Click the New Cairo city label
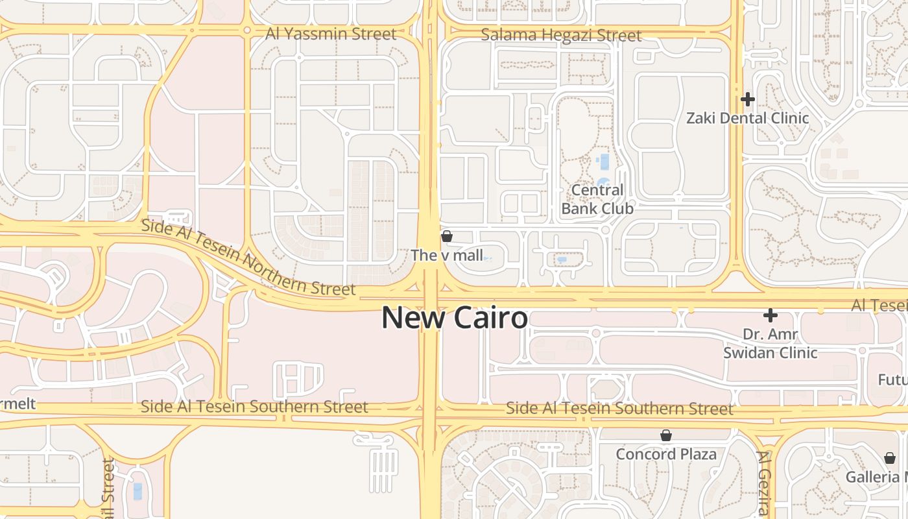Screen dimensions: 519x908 pos(454,318)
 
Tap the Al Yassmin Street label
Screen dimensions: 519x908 pos(331,34)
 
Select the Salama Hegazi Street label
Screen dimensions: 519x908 pos(561,35)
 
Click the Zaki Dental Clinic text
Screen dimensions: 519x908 pos(748,118)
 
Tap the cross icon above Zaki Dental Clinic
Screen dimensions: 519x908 pos(748,99)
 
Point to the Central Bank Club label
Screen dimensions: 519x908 pos(597,199)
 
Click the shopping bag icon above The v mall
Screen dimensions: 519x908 pos(446,236)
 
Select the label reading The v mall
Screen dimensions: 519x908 pos(447,256)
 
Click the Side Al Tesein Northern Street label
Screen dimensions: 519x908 pos(248,258)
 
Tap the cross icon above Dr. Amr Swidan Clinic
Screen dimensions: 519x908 pos(771,315)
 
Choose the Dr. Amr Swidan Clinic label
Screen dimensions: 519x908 pos(771,344)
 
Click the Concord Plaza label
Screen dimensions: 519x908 pos(666,454)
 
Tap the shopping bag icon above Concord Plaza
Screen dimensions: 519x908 pos(666,435)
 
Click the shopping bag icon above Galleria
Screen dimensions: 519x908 pos(890,458)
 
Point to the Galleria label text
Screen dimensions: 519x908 pos(876,477)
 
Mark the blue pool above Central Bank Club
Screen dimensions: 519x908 pos(604,162)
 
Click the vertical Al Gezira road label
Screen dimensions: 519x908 pos(763,483)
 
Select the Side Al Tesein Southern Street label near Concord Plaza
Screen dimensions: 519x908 pos(619,409)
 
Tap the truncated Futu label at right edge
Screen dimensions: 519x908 pos(892,380)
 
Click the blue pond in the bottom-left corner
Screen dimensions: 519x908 pos(137,491)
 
